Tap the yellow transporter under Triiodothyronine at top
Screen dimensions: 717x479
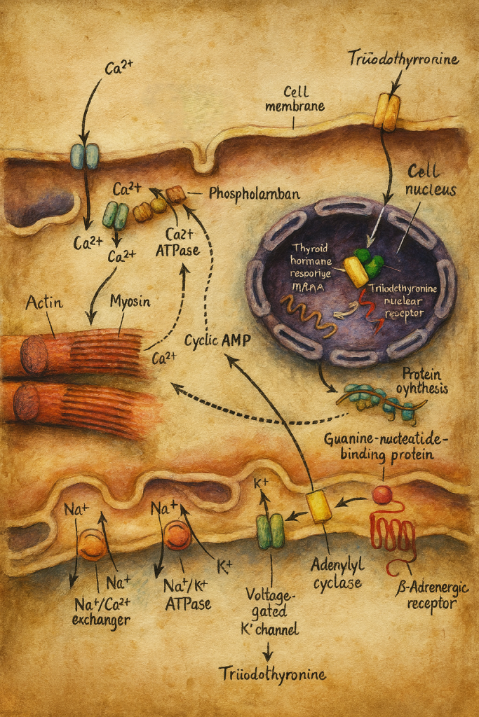386,112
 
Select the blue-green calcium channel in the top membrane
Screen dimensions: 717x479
84,156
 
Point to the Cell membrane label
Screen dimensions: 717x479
304,99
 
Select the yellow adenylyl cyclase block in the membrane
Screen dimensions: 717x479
320,506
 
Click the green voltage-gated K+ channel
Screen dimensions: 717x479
270,531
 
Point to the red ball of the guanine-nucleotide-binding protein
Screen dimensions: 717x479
382,495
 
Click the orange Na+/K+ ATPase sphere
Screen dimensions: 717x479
177,536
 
